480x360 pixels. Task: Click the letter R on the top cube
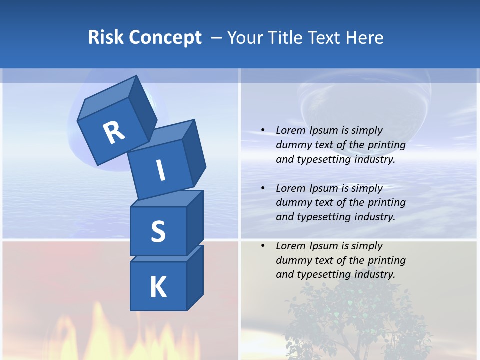(x=114, y=133)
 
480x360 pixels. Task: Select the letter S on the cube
(x=158, y=231)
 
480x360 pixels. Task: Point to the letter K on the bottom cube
(x=158, y=287)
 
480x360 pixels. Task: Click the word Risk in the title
(x=105, y=37)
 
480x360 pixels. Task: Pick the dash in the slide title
(x=216, y=38)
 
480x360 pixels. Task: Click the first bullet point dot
(x=263, y=130)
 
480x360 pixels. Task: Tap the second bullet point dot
(x=263, y=188)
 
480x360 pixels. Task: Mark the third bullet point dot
(x=263, y=246)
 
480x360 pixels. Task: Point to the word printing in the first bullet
(x=386, y=145)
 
